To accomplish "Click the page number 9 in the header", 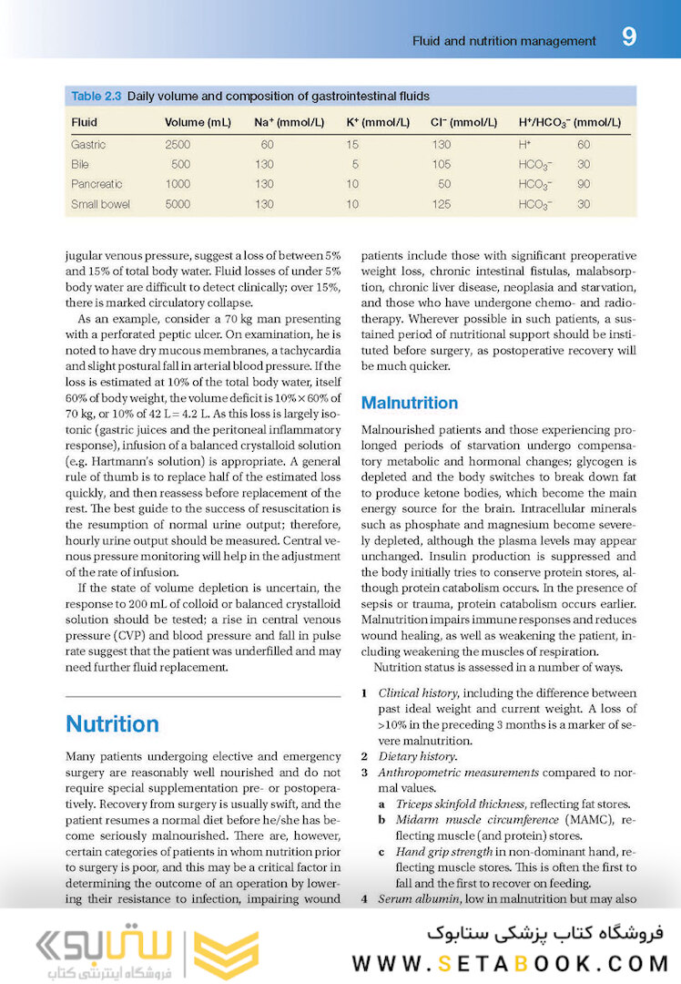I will pos(629,37).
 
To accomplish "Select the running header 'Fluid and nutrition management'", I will pos(504,41).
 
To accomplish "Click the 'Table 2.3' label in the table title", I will pos(96,96).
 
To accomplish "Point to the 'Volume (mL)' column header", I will pos(198,122).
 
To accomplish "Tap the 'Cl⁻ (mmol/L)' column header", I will pos(463,122).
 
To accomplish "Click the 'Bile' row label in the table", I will pos(80,164).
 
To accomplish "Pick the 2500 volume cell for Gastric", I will pos(178,144).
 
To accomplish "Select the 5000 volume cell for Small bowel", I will pos(178,204).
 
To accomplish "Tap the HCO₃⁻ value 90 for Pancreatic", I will pos(583,184).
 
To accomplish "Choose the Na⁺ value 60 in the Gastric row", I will pos(267,144).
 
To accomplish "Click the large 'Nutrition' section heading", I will pos(112,723).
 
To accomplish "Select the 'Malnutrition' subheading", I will pos(410,403).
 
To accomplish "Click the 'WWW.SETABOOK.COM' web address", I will pos(510,963).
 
